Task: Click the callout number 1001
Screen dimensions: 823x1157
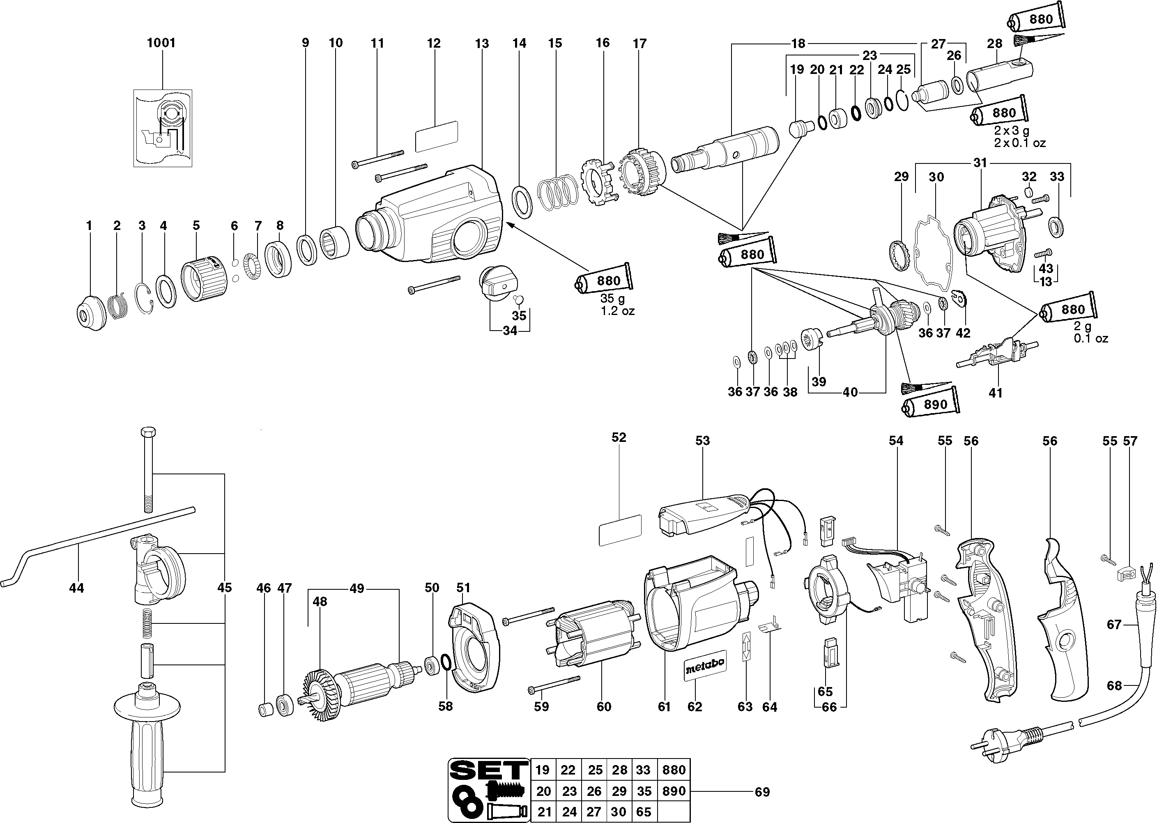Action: (161, 43)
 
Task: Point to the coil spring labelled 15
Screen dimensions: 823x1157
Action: (557, 193)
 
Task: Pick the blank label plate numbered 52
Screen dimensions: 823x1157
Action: (620, 530)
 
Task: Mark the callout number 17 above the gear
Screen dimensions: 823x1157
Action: (639, 44)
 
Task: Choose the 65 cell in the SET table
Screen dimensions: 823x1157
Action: (644, 812)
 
